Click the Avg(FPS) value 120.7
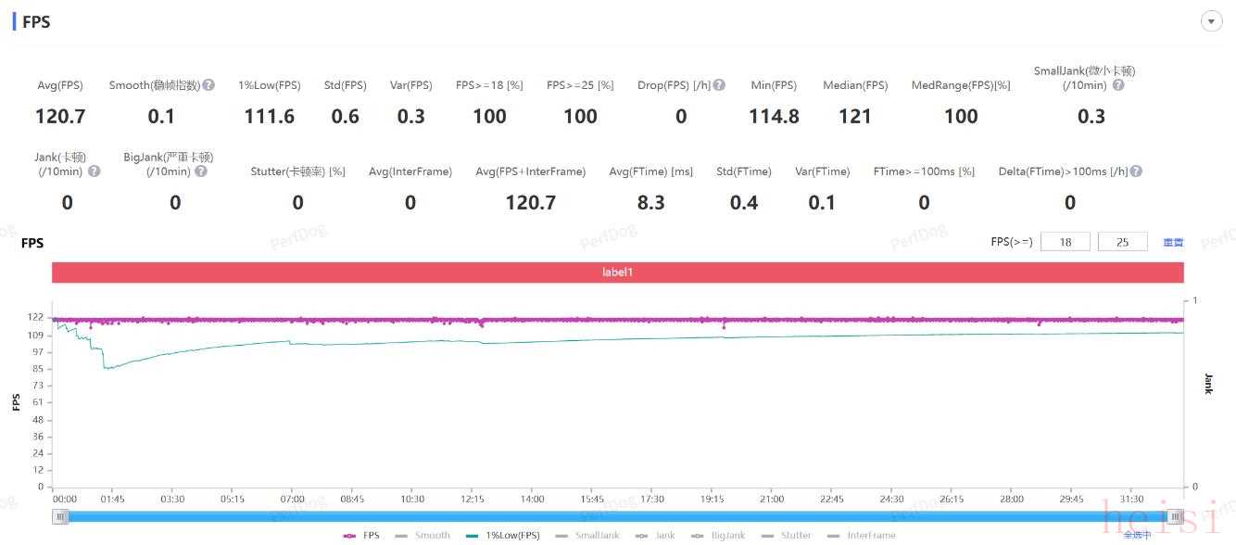point(60,117)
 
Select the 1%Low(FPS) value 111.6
point(270,117)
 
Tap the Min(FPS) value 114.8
point(774,117)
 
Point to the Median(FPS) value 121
point(855,117)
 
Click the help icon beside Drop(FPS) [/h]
point(719,85)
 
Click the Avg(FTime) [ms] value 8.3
point(650,203)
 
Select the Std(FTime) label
point(744,171)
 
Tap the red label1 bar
point(617,272)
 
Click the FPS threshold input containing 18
point(1065,242)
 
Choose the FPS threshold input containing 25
point(1122,242)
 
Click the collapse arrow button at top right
point(1211,22)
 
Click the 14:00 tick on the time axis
point(533,499)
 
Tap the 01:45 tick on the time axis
point(112,499)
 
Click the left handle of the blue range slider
point(60,517)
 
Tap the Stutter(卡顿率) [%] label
point(297,171)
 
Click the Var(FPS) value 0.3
point(411,117)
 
